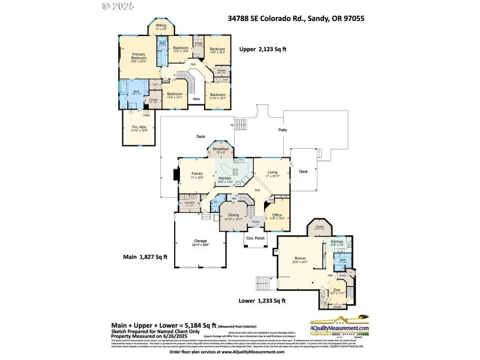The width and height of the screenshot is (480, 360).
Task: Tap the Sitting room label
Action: tap(161, 26)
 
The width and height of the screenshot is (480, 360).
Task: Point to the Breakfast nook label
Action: tap(221, 148)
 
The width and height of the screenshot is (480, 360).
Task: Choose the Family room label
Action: tap(197, 173)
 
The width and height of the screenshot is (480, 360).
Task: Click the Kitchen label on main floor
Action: tap(225, 178)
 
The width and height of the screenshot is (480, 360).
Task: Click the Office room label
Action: tap(277, 216)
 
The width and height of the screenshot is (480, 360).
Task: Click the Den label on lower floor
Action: tap(337, 290)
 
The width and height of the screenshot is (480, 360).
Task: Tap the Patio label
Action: tap(282, 130)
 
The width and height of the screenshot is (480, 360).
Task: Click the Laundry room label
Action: tap(190, 203)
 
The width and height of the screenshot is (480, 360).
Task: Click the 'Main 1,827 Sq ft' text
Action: tap(145, 257)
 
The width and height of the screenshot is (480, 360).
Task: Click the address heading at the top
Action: tap(296, 19)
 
